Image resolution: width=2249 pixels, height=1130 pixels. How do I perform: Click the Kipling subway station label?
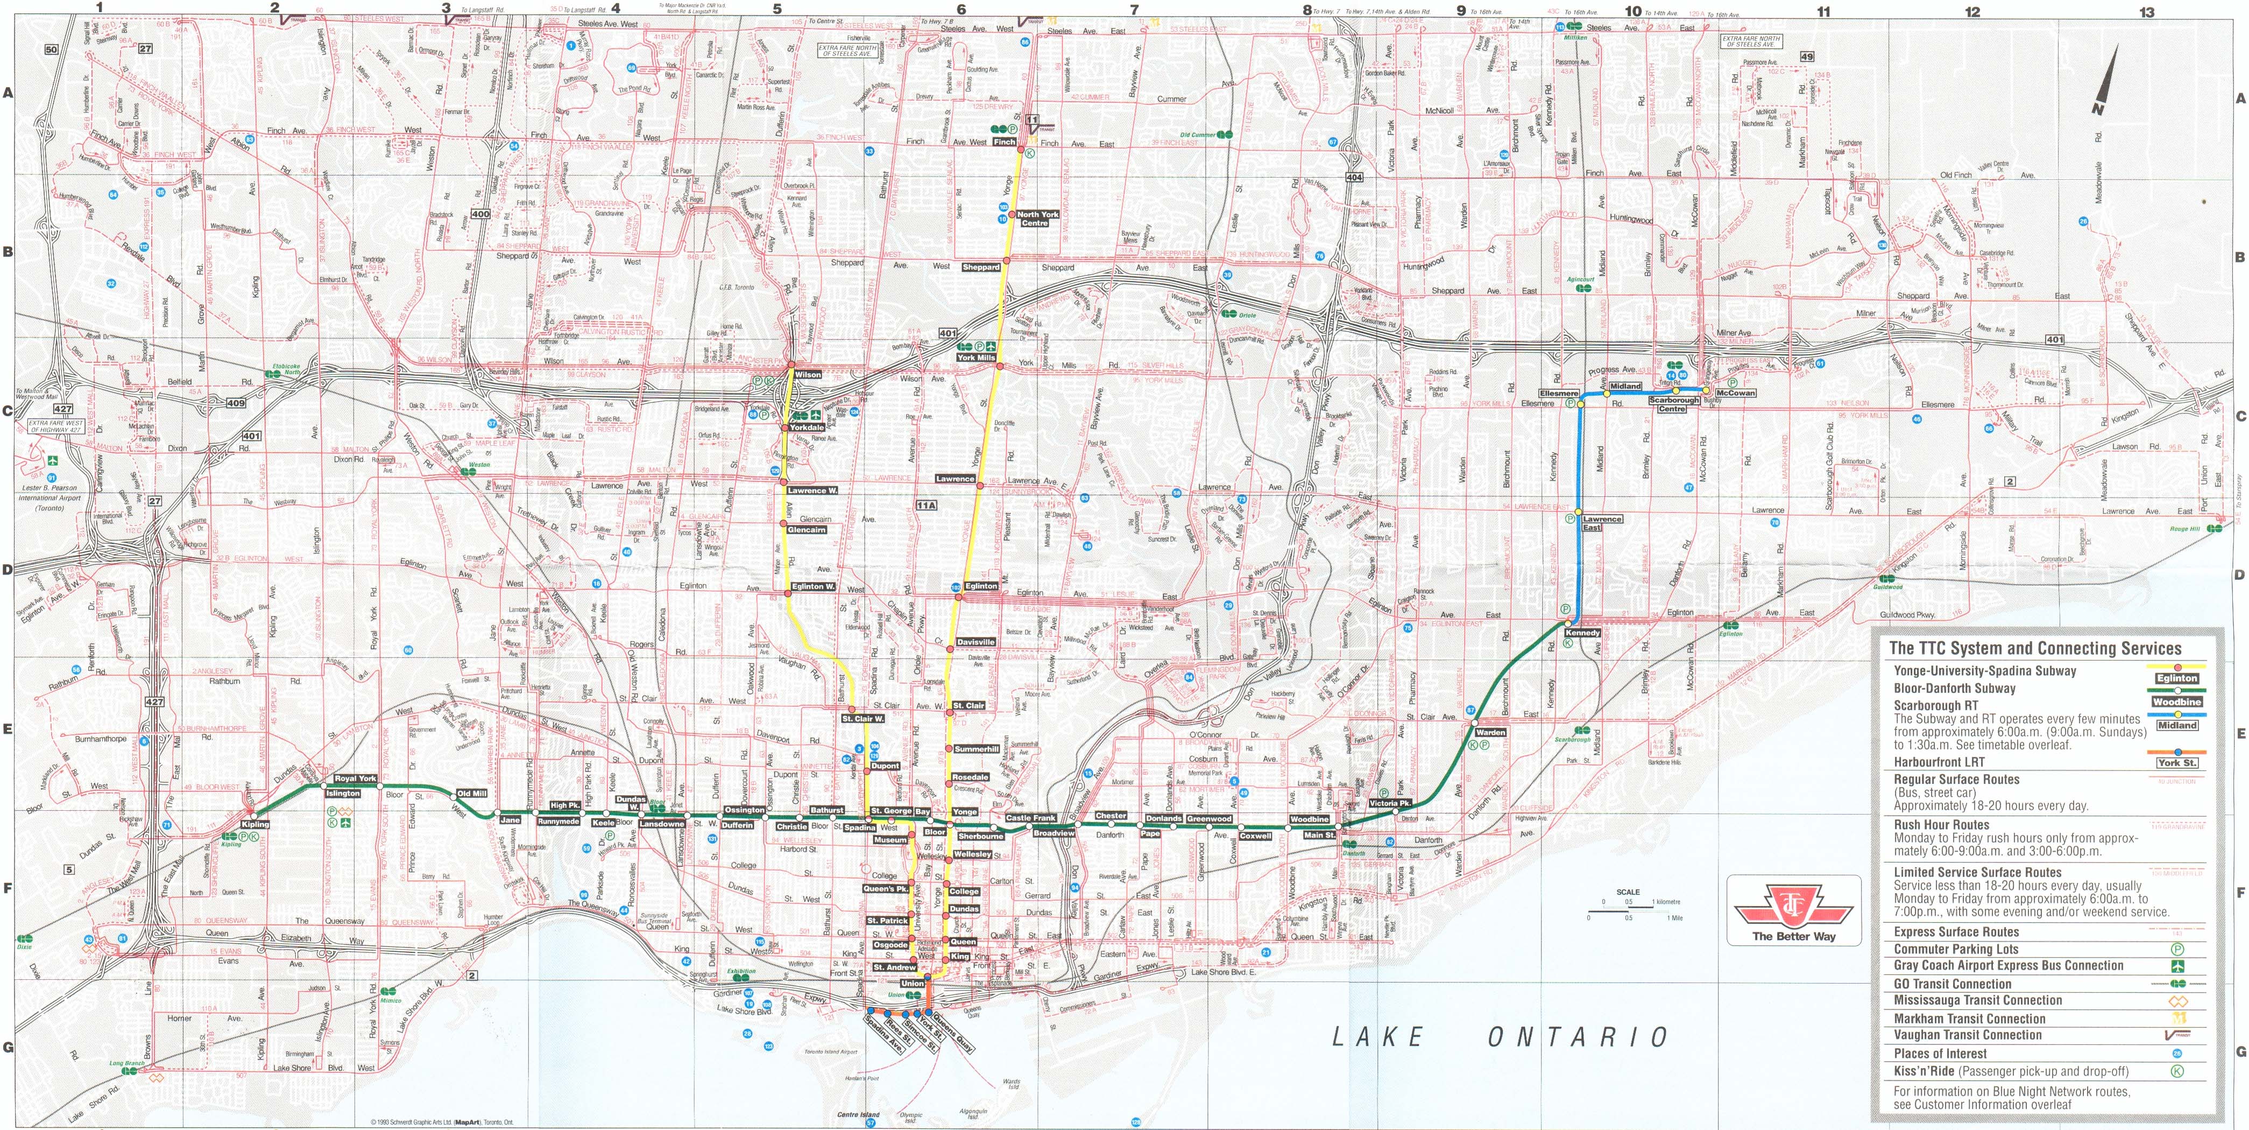point(256,824)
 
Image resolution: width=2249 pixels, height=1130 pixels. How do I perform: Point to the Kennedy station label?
point(1583,632)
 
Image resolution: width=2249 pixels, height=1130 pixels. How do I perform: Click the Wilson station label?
point(808,375)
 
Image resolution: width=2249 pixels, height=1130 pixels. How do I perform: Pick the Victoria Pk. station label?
point(1390,803)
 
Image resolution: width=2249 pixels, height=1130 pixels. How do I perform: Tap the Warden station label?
point(1490,733)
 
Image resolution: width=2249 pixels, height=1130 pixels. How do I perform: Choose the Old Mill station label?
point(471,794)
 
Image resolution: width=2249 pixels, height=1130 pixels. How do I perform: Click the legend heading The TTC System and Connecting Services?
point(2035,648)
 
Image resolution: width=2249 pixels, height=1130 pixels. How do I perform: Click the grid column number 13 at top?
point(2147,12)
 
